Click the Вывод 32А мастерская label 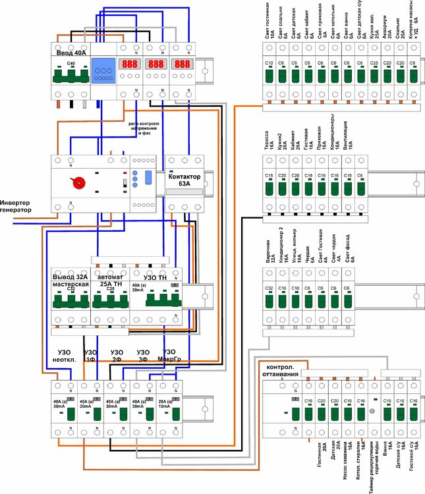71,280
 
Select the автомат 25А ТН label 109,280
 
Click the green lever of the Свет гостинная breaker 269,76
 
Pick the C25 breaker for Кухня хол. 374,76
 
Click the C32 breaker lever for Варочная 269,300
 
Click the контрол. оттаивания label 283,370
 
